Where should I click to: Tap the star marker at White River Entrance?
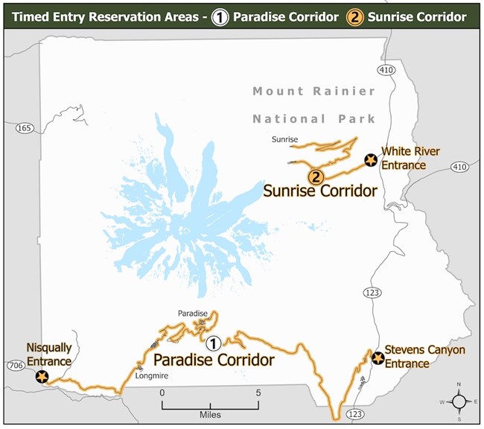click(370, 159)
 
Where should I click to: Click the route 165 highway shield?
click(24, 128)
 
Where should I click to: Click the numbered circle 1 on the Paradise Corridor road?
click(213, 343)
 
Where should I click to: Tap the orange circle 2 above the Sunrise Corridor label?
click(316, 177)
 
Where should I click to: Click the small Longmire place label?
click(154, 375)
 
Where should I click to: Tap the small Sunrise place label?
click(284, 139)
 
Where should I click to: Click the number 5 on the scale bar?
click(258, 392)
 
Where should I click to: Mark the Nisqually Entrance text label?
click(48, 355)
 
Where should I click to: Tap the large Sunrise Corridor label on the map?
click(319, 191)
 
